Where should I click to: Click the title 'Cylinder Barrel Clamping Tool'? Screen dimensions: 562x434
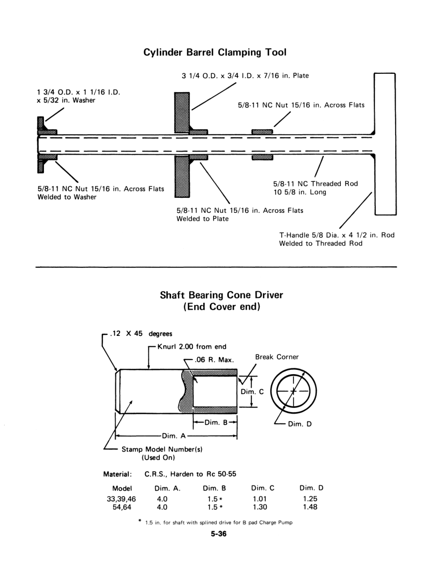(x=215, y=52)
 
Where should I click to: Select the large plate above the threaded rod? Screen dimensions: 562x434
(x=182, y=112)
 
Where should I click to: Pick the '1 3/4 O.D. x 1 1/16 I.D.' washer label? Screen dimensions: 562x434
(x=79, y=93)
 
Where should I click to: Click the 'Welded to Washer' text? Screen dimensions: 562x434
(x=67, y=197)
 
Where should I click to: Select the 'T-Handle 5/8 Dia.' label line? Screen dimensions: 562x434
(x=337, y=235)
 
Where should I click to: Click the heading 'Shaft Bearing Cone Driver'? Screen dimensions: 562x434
(x=222, y=295)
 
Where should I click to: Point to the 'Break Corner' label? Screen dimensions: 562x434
(x=277, y=357)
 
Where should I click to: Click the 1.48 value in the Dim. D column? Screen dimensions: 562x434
(x=311, y=507)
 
